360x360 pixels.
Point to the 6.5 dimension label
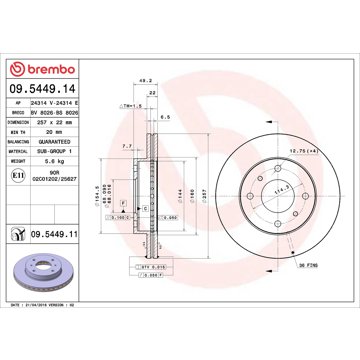pos(166,117)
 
